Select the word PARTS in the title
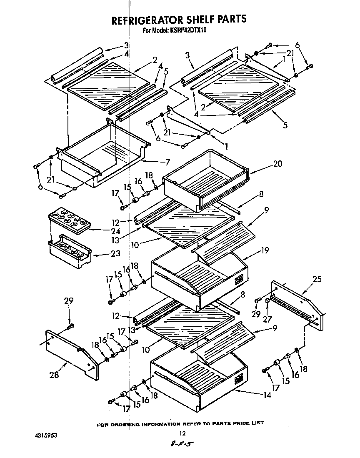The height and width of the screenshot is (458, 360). click(x=229, y=19)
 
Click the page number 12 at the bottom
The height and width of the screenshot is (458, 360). click(x=181, y=433)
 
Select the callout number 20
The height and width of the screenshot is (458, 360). click(x=277, y=164)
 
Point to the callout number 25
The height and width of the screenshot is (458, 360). click(x=317, y=279)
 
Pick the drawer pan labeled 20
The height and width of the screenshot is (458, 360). click(x=206, y=179)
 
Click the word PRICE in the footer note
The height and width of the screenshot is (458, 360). click(x=239, y=423)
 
